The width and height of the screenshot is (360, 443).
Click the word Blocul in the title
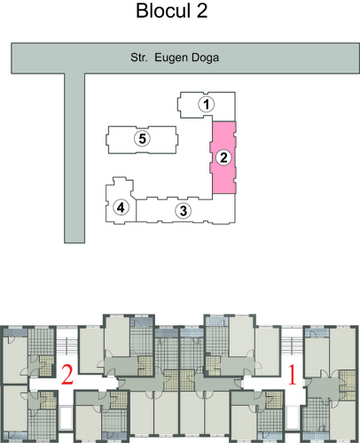[163, 11]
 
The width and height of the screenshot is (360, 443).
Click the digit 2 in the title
[202, 11]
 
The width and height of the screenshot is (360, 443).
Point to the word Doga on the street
[205, 58]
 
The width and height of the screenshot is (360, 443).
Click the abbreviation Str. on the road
[139, 58]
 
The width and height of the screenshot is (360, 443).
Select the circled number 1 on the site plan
[207, 105]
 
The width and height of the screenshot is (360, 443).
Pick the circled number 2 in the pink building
[223, 158]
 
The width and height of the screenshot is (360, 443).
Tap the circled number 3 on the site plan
[184, 211]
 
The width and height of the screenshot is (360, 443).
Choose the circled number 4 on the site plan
[121, 207]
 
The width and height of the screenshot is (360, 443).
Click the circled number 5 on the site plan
[142, 138]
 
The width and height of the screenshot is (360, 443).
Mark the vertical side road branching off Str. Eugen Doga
[74, 158]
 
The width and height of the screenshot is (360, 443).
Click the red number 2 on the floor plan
[67, 375]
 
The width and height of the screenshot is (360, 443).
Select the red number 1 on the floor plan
[293, 375]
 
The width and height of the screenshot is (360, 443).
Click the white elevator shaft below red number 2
[66, 418]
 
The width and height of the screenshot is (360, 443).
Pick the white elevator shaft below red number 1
[293, 418]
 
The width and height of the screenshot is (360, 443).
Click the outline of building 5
[108, 140]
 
